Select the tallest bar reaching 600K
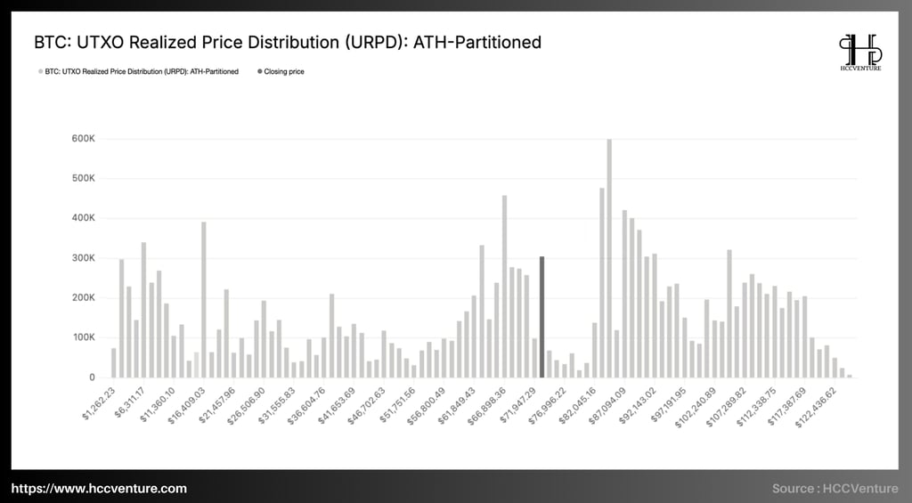610,258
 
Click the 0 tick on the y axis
92,377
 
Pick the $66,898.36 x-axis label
484,403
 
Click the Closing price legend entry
283,71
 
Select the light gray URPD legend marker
39,71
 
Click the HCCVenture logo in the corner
859,53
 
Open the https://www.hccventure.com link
99,488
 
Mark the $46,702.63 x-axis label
363,403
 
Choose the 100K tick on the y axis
83,337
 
